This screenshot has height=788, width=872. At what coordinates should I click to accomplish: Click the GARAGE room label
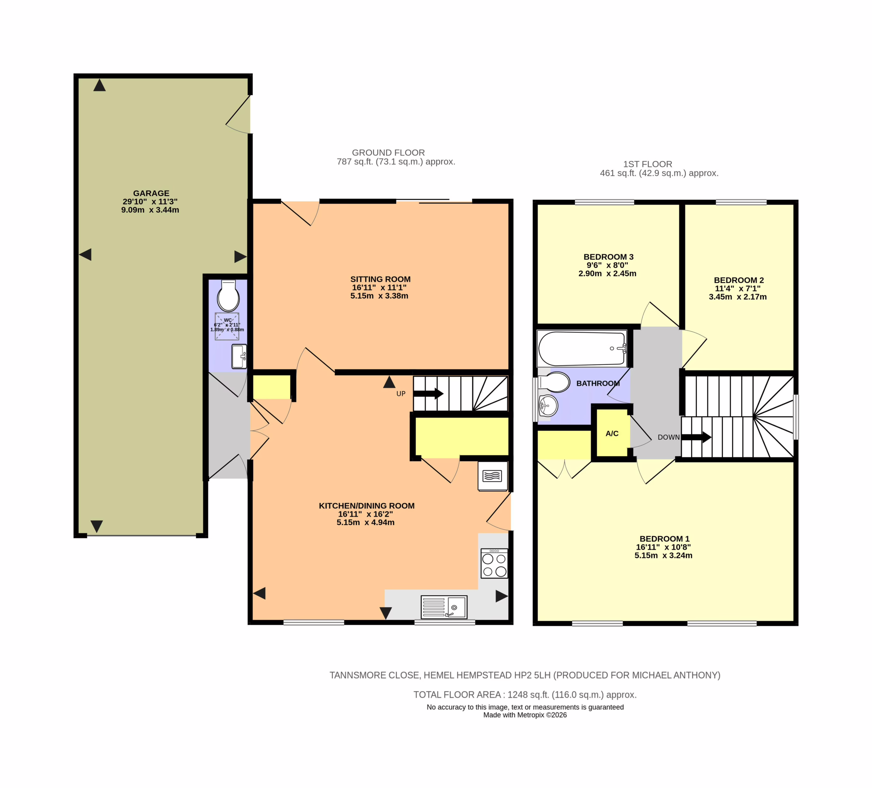(151, 193)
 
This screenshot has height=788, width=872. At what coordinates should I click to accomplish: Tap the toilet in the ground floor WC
(228, 295)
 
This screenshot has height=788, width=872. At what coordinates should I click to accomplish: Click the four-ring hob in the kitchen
(494, 563)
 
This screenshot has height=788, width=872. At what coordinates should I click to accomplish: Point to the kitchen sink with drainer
(444, 607)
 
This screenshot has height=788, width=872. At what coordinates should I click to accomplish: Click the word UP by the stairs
(401, 394)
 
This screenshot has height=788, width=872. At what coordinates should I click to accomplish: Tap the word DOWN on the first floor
(669, 437)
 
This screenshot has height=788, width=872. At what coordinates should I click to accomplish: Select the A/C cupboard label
(612, 434)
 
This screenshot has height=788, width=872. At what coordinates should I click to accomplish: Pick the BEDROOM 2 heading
(739, 280)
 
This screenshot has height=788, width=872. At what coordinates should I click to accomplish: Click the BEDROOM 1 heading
(664, 539)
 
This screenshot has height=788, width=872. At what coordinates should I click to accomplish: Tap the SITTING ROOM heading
(380, 279)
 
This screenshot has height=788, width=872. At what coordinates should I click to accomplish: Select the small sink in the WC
(239, 357)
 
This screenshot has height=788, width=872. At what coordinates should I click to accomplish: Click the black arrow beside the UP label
(428, 394)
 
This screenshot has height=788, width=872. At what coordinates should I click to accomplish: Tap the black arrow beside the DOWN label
(696, 437)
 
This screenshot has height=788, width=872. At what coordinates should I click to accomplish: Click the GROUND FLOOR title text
(388, 153)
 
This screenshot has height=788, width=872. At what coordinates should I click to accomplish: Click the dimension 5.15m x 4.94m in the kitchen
(365, 522)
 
